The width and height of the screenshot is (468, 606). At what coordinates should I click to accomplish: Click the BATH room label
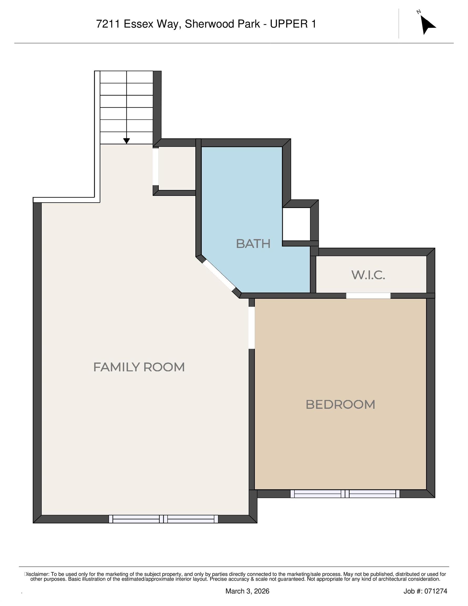click(253, 244)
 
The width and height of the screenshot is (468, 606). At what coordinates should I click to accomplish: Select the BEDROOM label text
click(340, 405)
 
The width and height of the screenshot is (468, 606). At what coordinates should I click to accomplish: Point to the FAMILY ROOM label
click(139, 367)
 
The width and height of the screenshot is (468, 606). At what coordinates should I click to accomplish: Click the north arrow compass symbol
click(427, 24)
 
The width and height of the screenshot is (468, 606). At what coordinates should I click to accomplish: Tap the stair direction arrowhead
click(126, 141)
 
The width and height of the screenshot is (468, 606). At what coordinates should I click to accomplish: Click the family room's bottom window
click(163, 519)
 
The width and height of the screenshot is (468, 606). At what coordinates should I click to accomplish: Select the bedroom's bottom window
click(345, 494)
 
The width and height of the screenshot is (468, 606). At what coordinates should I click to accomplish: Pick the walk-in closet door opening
click(368, 296)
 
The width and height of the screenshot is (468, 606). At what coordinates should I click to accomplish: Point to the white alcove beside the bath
click(296, 224)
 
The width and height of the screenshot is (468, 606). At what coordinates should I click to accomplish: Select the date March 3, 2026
click(247, 591)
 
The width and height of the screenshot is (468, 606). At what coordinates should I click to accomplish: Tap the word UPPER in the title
click(287, 24)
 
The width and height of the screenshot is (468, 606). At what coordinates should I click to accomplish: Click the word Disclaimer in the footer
click(37, 574)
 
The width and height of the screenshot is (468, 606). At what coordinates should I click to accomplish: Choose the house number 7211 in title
click(108, 24)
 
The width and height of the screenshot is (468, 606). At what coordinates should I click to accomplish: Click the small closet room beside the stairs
click(177, 168)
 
